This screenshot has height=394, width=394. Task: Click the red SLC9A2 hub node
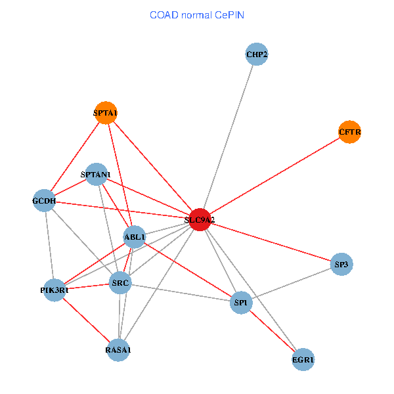coord(200,219)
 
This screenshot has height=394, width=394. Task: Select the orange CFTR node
coord(349,132)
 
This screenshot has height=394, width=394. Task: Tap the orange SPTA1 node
coord(106,113)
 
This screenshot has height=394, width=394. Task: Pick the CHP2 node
coord(257,55)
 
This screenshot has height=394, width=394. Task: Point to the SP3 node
coord(341,264)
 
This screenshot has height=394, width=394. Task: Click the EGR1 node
coord(303,360)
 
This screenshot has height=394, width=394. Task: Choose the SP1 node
coord(241,303)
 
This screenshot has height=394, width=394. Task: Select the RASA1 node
coord(118,350)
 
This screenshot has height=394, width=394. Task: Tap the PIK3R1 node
coord(55,290)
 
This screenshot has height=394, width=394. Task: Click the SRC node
coord(120,282)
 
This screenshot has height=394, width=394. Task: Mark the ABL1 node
coord(135,236)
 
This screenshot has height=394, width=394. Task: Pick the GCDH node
coord(44,200)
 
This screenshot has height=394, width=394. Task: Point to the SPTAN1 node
coord(97,174)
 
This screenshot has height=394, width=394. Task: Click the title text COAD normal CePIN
coord(197,15)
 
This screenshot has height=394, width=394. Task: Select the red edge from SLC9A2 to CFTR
coord(274,175)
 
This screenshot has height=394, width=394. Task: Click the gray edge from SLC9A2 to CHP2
coord(228,137)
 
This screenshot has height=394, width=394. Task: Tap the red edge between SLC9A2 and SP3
coord(271,242)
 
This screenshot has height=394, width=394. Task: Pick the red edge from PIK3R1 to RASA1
coord(86,320)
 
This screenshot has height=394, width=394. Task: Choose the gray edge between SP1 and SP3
coord(291,284)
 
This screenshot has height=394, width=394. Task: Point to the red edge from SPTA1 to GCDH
coord(75,157)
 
